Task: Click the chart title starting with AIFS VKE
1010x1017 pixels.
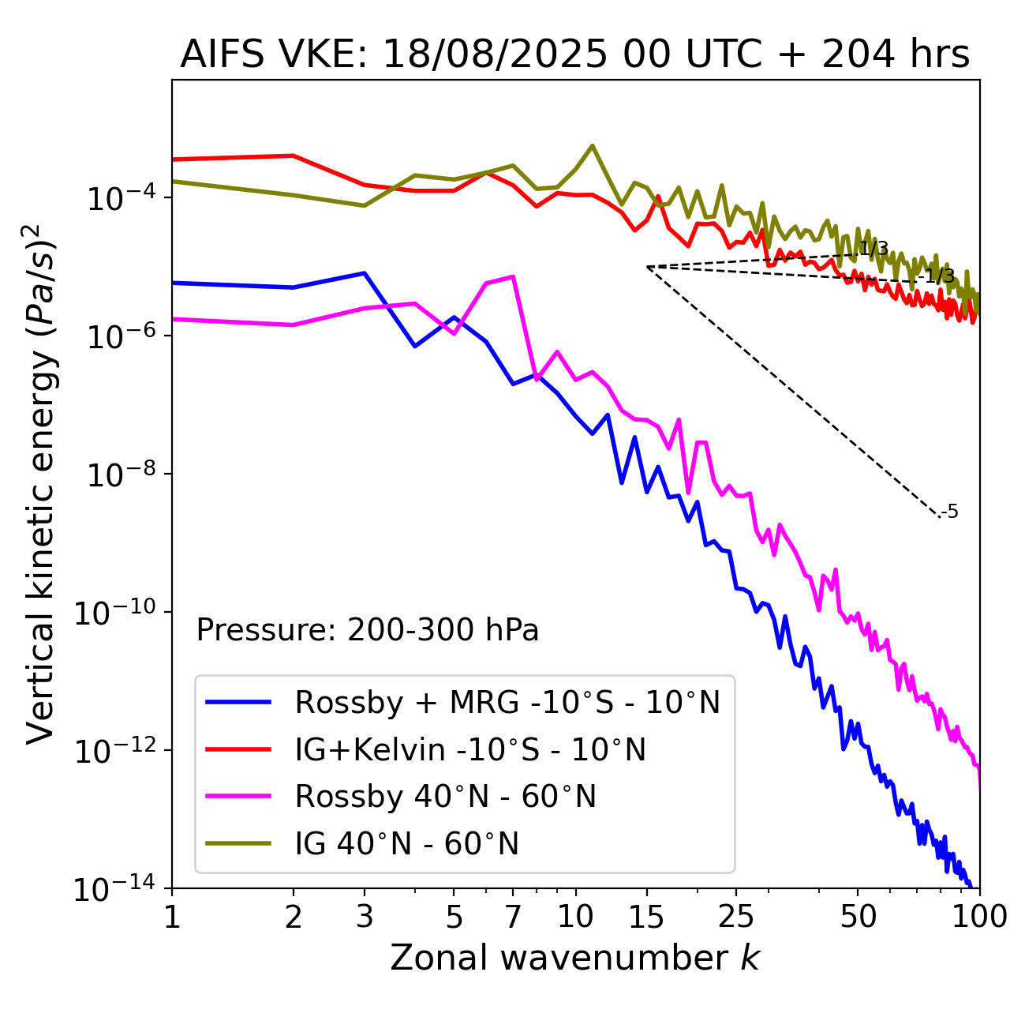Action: click(x=574, y=55)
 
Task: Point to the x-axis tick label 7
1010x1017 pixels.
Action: click(x=513, y=917)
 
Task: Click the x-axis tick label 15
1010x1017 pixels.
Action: click(x=647, y=917)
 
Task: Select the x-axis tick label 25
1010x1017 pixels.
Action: click(x=736, y=917)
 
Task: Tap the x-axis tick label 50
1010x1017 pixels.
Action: click(x=858, y=917)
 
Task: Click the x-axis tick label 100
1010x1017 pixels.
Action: click(x=978, y=917)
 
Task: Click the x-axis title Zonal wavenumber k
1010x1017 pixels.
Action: click(x=574, y=958)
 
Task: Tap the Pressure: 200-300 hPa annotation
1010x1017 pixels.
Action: click(x=368, y=630)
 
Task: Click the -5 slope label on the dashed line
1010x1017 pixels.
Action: click(x=951, y=512)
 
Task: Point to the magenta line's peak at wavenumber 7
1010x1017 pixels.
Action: click(x=514, y=276)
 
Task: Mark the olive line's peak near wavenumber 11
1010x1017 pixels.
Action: click(x=593, y=145)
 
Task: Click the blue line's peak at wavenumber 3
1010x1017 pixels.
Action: click(x=365, y=273)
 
